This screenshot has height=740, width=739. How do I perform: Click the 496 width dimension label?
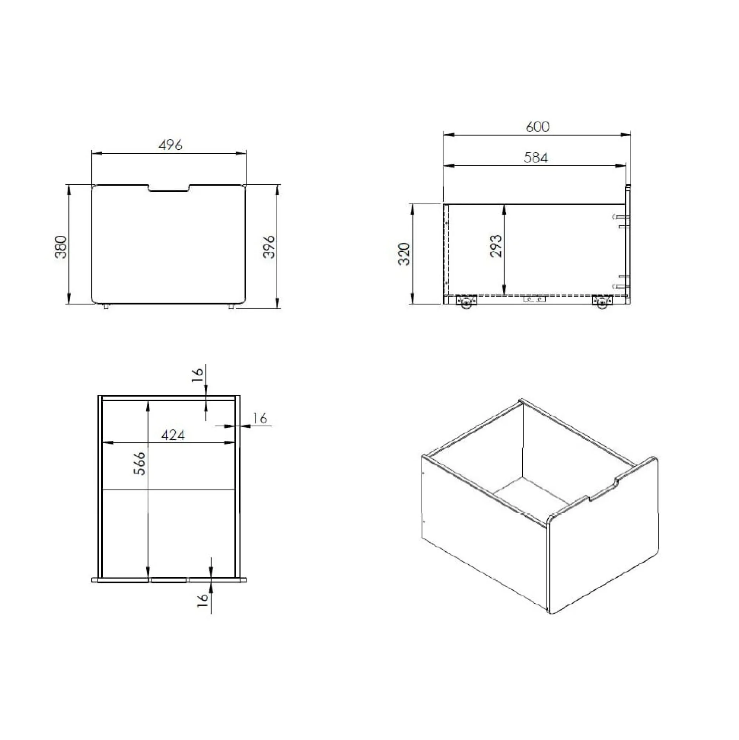tap(170, 145)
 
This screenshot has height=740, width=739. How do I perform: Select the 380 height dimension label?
tap(61, 247)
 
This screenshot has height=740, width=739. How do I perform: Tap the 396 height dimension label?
tap(269, 247)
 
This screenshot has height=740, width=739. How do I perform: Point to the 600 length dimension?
tap(538, 126)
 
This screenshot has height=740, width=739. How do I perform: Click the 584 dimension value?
tap(535, 157)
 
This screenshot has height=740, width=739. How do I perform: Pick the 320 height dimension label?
tap(404, 253)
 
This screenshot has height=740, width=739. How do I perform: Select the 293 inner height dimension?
tap(496, 246)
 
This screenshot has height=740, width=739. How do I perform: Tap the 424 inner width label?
tap(173, 435)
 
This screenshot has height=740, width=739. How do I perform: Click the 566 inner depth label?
tap(139, 463)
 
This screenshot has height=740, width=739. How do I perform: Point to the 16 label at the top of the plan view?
tap(197, 375)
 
